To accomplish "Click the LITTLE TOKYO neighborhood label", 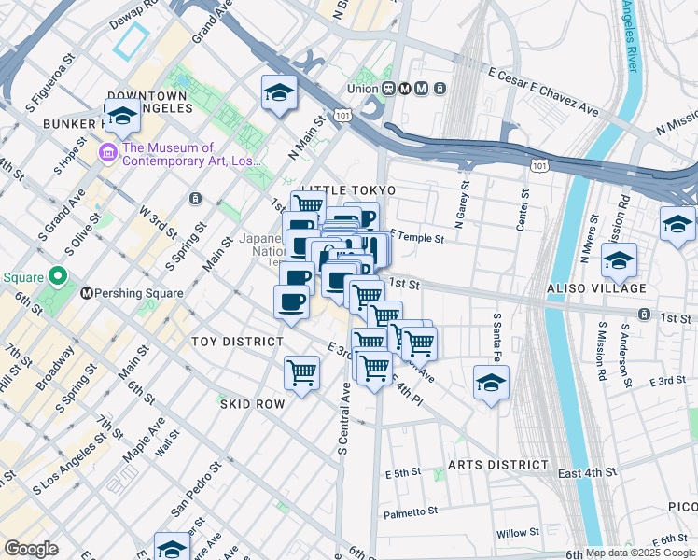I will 348,190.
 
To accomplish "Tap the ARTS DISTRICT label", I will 497,465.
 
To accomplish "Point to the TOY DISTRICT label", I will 236,342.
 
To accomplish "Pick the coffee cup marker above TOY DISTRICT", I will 291,301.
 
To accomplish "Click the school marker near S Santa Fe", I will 491,383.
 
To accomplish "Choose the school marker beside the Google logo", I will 172,547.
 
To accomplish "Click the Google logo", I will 31,549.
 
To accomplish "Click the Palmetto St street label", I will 411,512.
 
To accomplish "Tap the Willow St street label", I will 517,535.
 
